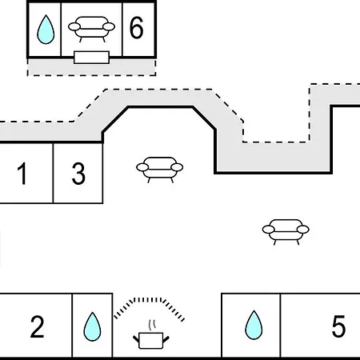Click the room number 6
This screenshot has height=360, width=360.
coord(136,28)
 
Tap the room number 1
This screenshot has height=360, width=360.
coord(22,174)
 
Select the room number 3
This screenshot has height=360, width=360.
coord(78,174)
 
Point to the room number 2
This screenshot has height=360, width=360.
coord(37,326)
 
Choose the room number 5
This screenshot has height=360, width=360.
coord(338,326)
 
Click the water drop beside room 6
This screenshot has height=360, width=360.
coord(46,30)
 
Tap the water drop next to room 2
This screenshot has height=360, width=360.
coord(92,326)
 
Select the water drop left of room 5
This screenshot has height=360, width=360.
coord(254,325)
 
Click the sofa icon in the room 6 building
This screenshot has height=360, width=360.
coord(91,29)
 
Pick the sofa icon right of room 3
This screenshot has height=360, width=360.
coord(159,170)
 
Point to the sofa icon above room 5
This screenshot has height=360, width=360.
coord(286,232)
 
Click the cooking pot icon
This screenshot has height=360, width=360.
coord(151,341)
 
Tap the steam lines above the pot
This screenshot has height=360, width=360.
coord(151,325)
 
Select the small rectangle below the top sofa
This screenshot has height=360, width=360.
coord(91,58)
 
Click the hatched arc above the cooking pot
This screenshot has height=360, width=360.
coord(149,300)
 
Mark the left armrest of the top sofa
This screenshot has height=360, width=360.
coord(74,26)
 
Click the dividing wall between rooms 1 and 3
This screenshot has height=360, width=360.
coord(53,173)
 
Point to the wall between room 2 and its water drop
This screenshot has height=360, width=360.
coord(72,325)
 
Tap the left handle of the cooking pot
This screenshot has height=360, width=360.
coord(136,339)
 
